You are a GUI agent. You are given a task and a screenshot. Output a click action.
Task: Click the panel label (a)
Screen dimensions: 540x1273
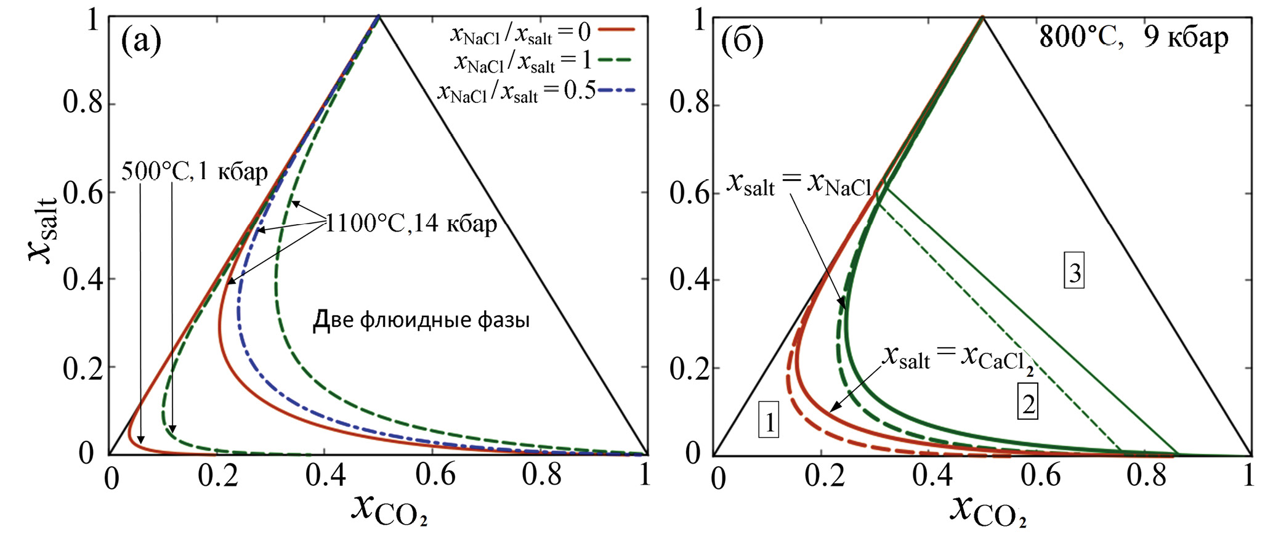click(140, 41)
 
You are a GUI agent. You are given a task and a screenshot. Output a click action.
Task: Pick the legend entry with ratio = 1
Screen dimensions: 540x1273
click(523, 62)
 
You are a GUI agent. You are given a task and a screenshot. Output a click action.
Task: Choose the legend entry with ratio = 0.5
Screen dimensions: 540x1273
click(516, 92)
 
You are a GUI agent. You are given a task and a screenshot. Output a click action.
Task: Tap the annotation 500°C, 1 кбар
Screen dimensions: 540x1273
click(195, 172)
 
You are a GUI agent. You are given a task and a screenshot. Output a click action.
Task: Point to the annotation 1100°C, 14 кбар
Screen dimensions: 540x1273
click(411, 224)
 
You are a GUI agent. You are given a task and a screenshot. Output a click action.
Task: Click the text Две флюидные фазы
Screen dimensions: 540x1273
click(421, 320)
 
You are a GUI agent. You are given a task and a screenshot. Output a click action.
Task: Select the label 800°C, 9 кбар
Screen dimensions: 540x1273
click(1133, 38)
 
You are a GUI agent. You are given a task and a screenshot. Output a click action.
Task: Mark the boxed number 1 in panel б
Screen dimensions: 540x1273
click(769, 422)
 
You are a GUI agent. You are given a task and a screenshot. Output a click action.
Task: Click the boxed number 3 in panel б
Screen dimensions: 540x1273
click(1074, 273)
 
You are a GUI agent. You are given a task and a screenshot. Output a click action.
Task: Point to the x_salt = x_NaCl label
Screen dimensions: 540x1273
click(799, 184)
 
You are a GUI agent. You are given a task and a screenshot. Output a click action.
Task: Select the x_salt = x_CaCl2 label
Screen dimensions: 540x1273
click(958, 358)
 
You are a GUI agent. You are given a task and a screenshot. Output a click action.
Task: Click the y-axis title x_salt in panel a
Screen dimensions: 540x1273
click(44, 228)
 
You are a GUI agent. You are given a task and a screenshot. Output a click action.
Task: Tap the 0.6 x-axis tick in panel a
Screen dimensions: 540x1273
click(435, 475)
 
